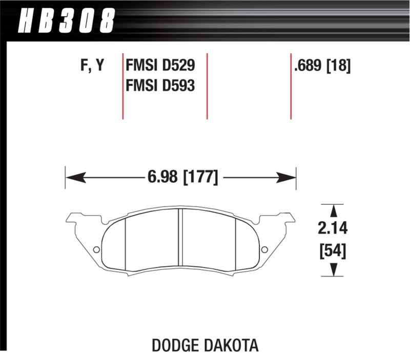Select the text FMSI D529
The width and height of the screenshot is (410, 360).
point(160,66)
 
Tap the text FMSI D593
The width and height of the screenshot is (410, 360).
point(160,85)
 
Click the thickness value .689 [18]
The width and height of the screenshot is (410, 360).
point(322,66)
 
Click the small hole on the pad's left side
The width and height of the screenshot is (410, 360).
point(96,249)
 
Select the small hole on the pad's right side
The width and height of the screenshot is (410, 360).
point(264,249)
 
